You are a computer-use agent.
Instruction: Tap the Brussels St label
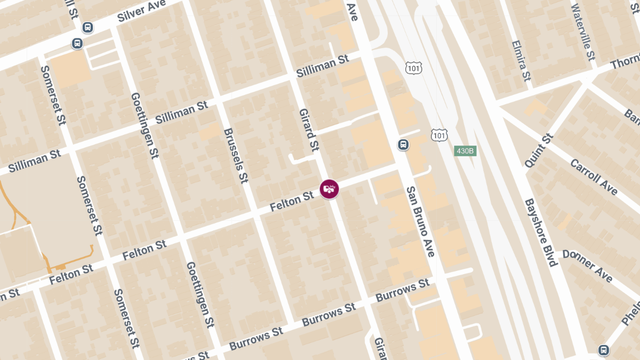[x=236, y=155]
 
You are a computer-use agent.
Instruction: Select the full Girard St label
[x=309, y=130]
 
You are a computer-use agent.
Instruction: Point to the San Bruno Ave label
[x=421, y=221]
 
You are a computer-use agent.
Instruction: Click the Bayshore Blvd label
[x=541, y=233]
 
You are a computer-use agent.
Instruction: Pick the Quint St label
[x=540, y=151]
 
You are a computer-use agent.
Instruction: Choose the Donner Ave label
[x=587, y=266]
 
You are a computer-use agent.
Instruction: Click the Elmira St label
[x=521, y=61]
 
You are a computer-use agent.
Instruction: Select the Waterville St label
[x=582, y=33]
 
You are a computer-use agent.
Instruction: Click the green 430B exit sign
[x=465, y=151]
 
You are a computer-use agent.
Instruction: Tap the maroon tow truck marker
[x=330, y=189]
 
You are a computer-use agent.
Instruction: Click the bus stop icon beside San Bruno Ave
[x=404, y=145]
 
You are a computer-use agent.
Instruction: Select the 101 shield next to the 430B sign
[x=439, y=135]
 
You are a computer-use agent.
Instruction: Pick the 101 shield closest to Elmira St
[x=413, y=68]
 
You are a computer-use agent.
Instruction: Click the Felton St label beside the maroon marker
[x=292, y=202]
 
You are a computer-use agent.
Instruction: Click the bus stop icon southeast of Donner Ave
[x=603, y=350]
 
